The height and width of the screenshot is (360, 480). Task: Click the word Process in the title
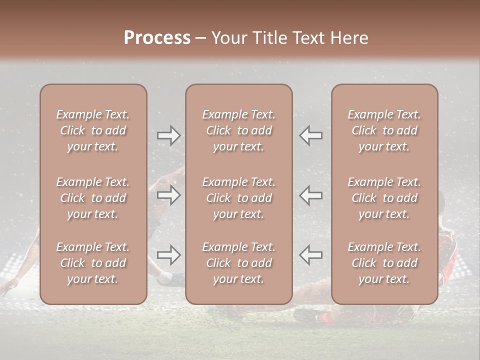(x=157, y=38)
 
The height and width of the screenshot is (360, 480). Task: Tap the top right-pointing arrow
(x=169, y=135)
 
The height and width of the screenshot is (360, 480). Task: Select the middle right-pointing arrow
(x=169, y=195)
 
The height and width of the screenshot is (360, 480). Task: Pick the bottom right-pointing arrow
(x=169, y=255)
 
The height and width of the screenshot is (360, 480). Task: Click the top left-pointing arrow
(x=311, y=135)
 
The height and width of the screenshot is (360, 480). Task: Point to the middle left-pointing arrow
(x=311, y=195)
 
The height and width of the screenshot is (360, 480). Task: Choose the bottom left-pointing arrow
(x=311, y=255)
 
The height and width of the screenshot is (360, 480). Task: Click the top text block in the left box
(x=93, y=130)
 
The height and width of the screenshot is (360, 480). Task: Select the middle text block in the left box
(x=93, y=198)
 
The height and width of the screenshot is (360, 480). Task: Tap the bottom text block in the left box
(x=93, y=263)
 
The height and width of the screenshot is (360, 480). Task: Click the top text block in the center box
(x=239, y=130)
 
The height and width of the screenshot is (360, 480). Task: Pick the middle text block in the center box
(x=239, y=198)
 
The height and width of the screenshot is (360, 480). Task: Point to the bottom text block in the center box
(x=239, y=263)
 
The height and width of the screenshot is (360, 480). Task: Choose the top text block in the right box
(x=384, y=130)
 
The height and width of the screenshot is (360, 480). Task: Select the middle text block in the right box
(x=384, y=198)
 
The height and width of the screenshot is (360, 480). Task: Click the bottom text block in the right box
(x=384, y=263)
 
